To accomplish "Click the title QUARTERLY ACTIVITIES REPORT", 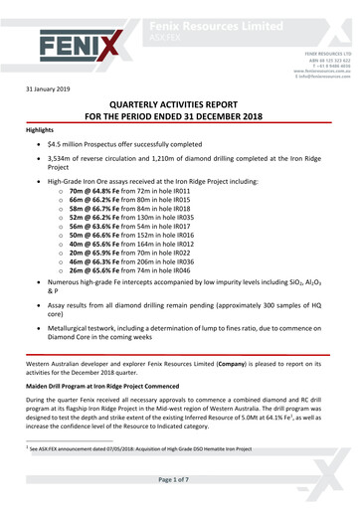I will pos(180,116).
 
